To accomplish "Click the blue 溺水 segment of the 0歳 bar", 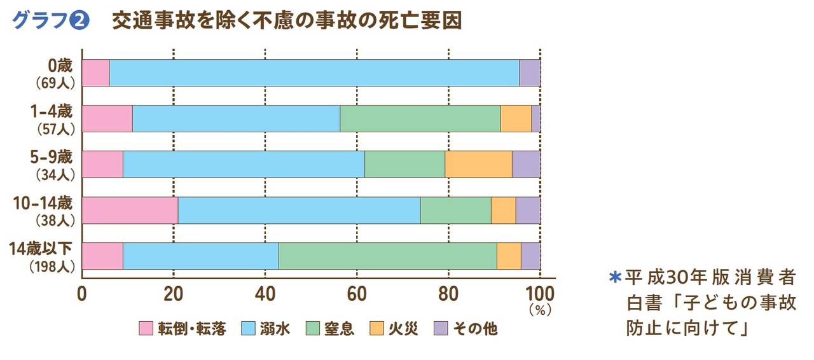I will pos(314,73).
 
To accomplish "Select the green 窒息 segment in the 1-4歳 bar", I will pos(420,118).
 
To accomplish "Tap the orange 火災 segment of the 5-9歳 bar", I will pos(478,164).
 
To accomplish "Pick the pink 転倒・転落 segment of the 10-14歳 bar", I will pos(130,210).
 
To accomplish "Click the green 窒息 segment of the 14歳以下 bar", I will pos(387,256).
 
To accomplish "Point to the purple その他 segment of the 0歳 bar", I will pos(530,73).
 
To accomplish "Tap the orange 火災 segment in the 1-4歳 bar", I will pos(516,118).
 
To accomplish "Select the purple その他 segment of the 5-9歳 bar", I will pos(526,164).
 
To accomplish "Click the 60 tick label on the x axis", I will pos(357,294).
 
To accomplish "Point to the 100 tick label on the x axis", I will pos(540,294).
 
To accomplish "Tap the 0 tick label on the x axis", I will pos(82,294).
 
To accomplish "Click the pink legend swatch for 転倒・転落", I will pos(146,329).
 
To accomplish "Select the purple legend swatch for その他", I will pos(441,329).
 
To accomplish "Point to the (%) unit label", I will pos(540,312).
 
